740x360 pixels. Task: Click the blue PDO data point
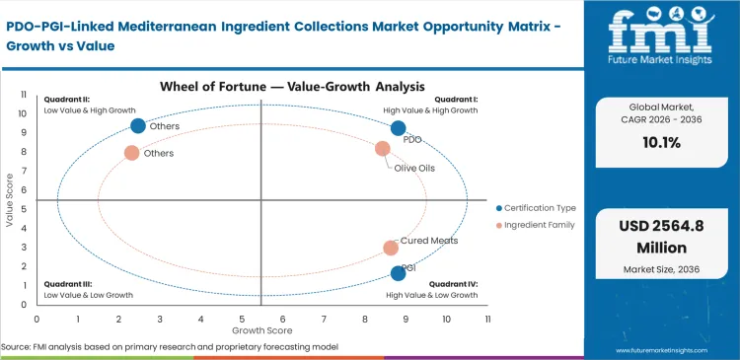point(398,128)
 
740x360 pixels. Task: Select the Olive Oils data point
point(383,149)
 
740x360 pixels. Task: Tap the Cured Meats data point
point(391,248)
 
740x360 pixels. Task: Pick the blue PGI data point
point(398,273)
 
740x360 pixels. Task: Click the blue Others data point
point(138,125)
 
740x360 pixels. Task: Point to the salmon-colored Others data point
point(131,153)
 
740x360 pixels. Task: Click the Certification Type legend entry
point(539,208)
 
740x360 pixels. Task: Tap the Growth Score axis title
point(261,330)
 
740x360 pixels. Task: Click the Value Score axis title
point(10,200)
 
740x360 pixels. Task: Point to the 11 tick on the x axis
point(487,320)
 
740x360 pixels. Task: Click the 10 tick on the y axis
point(23,113)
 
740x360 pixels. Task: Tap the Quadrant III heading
point(68,284)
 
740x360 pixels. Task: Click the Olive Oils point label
point(413,168)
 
